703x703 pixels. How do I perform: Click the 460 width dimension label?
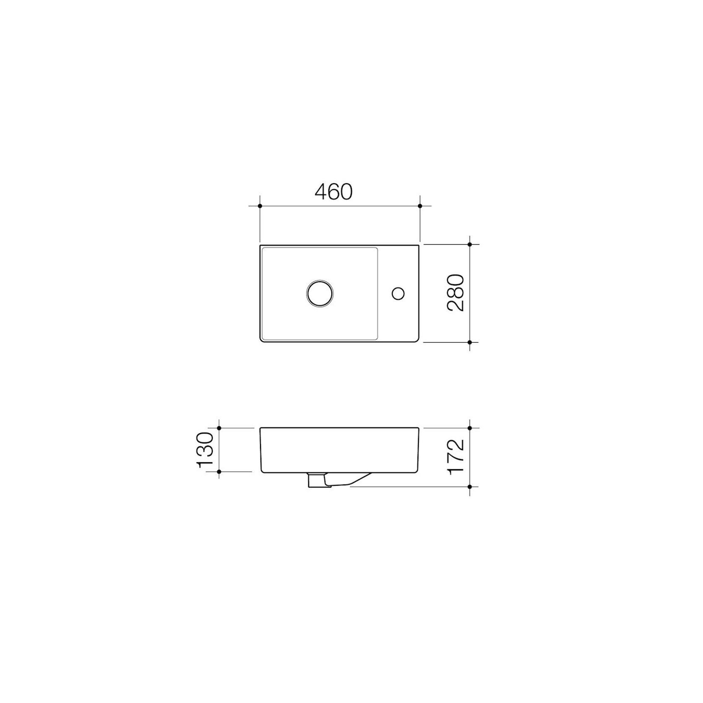coord(333,192)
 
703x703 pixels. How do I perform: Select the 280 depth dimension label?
coord(456,292)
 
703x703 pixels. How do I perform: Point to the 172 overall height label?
coord(456,456)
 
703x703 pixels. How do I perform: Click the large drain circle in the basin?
coord(320,293)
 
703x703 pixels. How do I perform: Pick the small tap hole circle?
coord(398,293)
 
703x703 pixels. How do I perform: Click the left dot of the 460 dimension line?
coord(260,206)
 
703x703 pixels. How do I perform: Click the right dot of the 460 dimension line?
coord(420,206)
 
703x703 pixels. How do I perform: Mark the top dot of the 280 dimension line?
coord(470,244)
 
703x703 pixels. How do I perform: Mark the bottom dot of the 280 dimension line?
coord(470,342)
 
